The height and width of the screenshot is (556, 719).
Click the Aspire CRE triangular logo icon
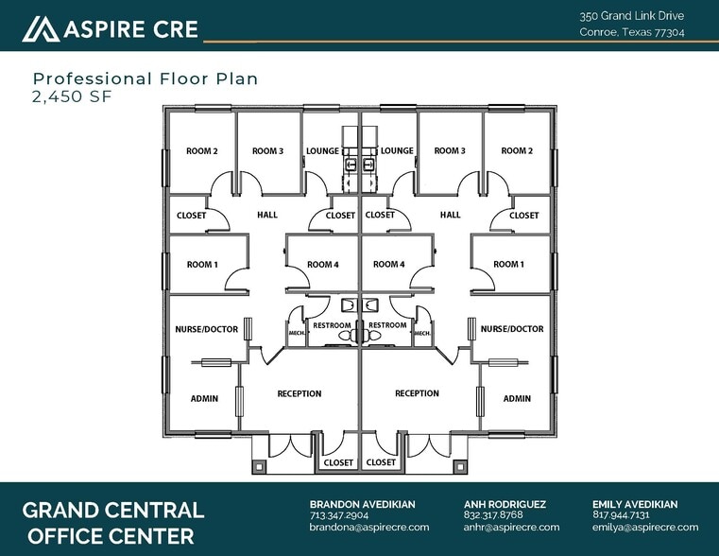[41, 29]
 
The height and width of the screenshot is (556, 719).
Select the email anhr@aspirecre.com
[511, 527]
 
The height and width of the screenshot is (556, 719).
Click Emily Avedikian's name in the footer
[635, 504]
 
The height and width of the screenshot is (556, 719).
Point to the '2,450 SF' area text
[72, 96]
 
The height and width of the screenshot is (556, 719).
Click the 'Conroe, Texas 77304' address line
[631, 32]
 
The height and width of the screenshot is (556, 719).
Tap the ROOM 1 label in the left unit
[202, 264]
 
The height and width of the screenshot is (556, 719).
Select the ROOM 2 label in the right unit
[517, 150]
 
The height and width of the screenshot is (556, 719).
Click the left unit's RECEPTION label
[299, 393]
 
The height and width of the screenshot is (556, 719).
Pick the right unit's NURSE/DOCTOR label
[512, 329]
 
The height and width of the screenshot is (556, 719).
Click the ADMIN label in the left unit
[204, 399]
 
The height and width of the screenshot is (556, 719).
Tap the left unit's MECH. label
[297, 333]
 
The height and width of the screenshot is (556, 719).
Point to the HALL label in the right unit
[450, 215]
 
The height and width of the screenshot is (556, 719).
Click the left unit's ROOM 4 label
[323, 264]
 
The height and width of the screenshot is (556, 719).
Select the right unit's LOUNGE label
[397, 150]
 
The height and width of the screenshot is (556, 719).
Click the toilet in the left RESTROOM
[347, 336]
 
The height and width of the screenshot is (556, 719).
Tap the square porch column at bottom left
[258, 467]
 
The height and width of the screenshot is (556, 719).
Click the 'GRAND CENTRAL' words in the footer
[112, 510]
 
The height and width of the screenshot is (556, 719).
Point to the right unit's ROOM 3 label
[450, 150]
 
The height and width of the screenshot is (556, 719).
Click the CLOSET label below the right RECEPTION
[381, 462]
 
